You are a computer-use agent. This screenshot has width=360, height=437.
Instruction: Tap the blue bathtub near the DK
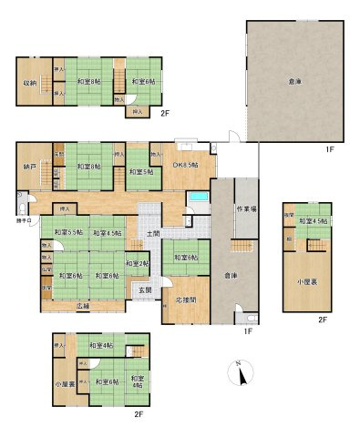[x=198, y=198]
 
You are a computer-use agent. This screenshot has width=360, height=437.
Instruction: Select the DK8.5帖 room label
[x=187, y=165]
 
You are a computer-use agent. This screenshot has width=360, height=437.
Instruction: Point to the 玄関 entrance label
[x=145, y=290]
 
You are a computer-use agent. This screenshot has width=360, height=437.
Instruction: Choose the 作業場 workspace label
[x=245, y=208]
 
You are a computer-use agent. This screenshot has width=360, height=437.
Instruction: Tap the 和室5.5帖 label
[x=68, y=233]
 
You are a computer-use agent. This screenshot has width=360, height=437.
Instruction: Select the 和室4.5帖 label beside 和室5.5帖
[x=106, y=233]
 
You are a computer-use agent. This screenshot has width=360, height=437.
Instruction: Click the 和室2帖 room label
[x=137, y=264]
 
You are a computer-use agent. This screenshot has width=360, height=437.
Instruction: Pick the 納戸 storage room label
[x=30, y=168]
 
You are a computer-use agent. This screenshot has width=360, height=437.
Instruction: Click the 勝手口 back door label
[x=23, y=219]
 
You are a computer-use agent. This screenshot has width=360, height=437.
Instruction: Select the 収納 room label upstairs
[x=30, y=84]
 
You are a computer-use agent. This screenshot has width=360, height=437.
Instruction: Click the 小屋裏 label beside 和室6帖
[x=61, y=384]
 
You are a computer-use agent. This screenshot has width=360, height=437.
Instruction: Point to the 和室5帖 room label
[x=139, y=170]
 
